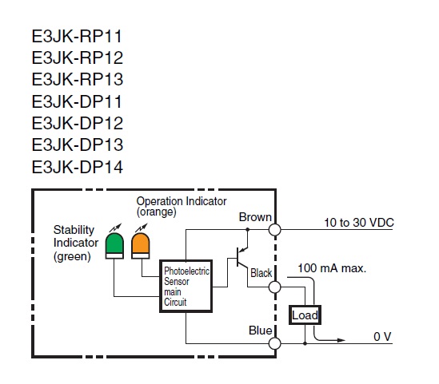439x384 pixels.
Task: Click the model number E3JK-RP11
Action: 77,37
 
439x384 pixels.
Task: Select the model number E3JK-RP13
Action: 78,79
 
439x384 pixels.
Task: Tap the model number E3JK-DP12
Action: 78,123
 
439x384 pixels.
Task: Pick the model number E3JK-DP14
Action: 78,167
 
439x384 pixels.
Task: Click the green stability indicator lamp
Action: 114,246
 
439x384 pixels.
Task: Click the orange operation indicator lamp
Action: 140,246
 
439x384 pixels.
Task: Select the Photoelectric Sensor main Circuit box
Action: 186,286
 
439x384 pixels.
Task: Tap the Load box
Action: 305,315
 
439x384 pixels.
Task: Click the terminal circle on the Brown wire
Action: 274,230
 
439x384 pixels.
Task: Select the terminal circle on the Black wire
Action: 274,287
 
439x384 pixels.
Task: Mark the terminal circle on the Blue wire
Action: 274,343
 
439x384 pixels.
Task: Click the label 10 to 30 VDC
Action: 359,223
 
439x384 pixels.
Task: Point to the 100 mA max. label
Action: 332,268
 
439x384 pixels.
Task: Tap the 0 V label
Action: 382,336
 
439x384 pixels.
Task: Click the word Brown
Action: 255,217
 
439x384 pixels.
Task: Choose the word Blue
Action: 261,331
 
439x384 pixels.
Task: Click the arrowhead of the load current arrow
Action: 341,340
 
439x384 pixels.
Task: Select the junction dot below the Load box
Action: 305,343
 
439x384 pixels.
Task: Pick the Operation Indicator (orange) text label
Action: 182,207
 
